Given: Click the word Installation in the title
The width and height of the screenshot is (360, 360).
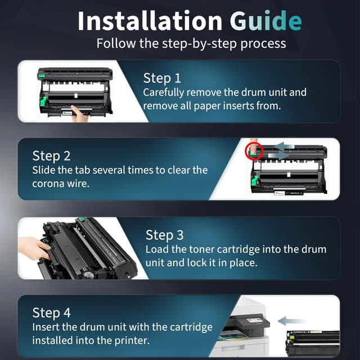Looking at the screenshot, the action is coord(150,21).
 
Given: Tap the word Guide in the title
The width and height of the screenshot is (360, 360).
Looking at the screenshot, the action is coord(266,21).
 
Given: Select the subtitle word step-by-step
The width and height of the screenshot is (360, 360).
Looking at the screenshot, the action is coord(199,44).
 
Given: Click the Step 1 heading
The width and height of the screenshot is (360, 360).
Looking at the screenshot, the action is coord(162,78).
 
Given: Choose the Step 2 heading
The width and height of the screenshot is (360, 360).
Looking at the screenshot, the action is coord(51,156).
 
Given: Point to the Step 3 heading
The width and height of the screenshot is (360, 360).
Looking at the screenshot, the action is coord(165,235).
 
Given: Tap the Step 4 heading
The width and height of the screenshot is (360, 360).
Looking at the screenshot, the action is coord(51,313).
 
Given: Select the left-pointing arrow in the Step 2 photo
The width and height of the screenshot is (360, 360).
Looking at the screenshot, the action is coord(284,146).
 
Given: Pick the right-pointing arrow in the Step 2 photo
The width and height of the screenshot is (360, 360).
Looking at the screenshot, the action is coord(278,156).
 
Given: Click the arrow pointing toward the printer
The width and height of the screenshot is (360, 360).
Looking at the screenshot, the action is coord(291,321).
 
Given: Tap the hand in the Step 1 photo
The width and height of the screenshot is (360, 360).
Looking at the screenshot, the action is coord(79,114).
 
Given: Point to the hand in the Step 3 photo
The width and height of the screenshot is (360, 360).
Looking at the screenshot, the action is coord(34,248).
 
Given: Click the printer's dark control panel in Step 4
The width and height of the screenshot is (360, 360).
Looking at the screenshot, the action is coord(253,322).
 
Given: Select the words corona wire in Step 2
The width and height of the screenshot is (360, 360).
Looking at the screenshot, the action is coord(61,184).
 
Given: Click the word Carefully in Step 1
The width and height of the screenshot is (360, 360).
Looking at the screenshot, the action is coord(164,93).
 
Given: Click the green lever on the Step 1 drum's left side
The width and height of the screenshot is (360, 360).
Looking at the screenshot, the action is coord(43,102).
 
